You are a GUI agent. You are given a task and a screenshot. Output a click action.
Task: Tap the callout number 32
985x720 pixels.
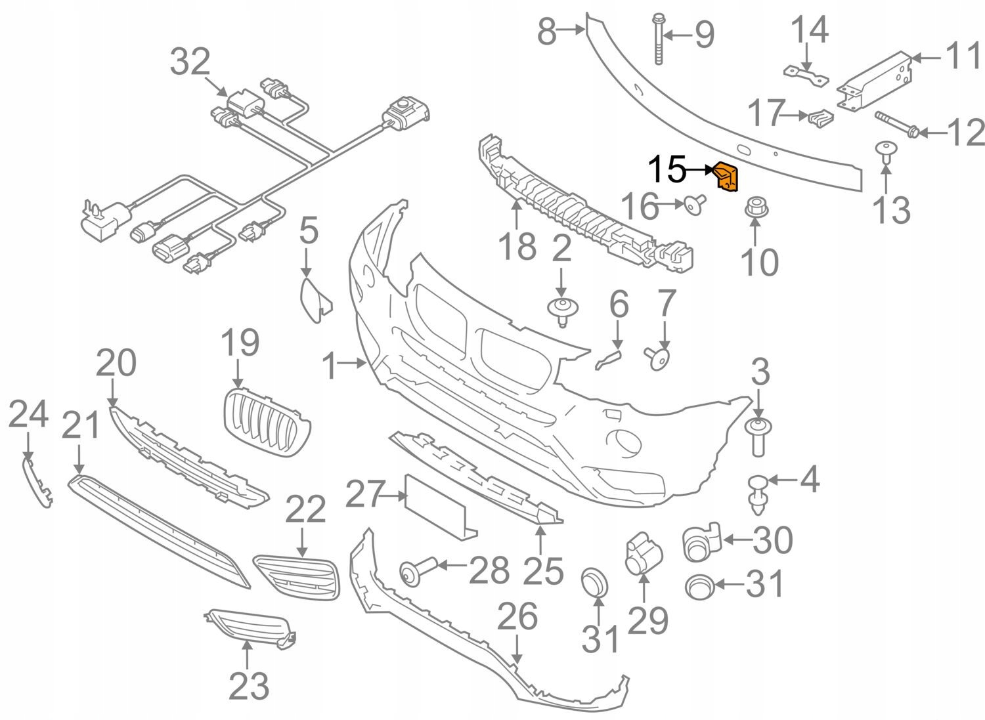pos(190,63)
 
